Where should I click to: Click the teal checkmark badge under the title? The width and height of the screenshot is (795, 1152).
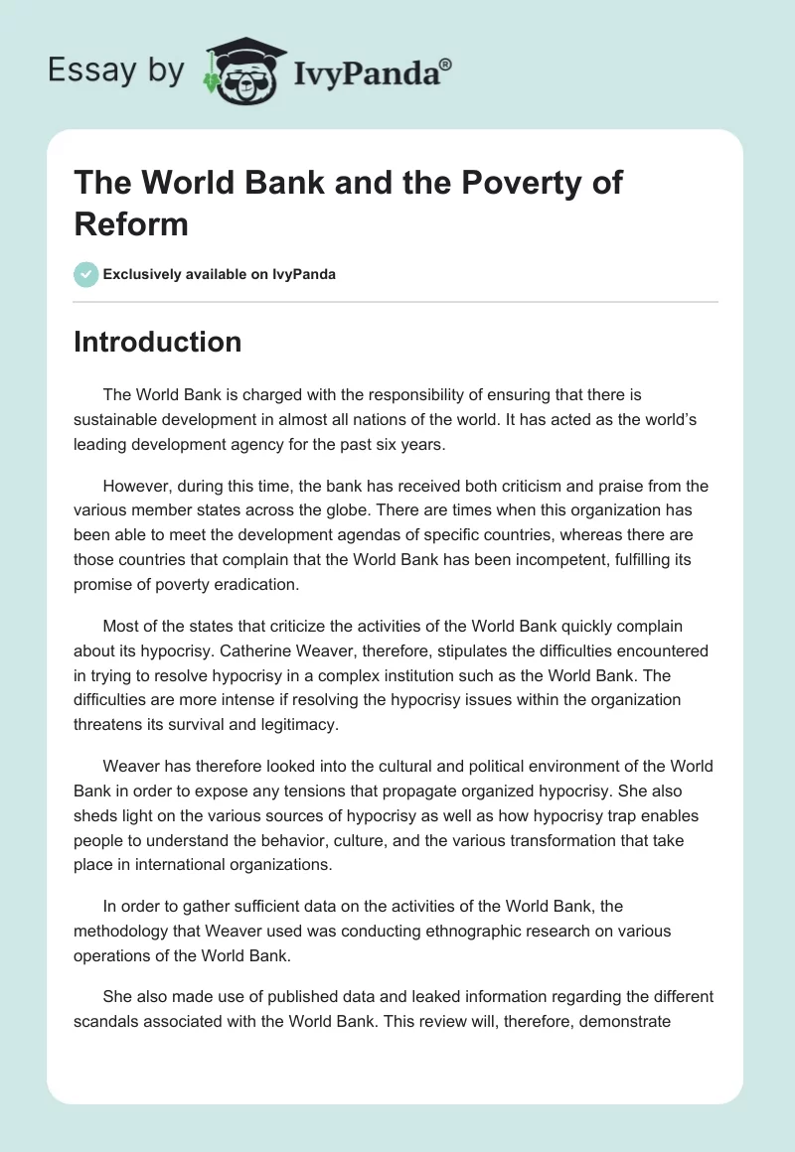[86, 274]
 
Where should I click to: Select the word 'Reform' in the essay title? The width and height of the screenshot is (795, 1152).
[131, 223]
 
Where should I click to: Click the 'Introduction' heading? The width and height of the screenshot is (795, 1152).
[157, 342]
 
